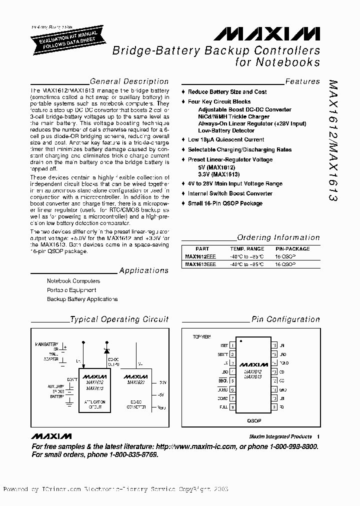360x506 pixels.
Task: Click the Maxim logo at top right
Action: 267,34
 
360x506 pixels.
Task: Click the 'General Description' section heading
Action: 129,81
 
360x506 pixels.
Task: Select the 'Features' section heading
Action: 302,81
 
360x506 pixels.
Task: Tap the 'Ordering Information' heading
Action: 278,238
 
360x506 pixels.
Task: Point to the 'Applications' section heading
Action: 144,270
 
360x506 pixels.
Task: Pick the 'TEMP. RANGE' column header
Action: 247,248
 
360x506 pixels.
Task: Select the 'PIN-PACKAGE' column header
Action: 292,248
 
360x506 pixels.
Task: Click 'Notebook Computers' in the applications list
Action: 73,281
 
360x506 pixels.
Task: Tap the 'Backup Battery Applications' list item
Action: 82,299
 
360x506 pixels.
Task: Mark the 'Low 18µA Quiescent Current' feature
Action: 226,140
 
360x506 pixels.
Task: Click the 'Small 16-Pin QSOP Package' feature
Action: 225,203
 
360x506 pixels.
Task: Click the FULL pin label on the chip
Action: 223,407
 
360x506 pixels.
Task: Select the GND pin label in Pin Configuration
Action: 283,389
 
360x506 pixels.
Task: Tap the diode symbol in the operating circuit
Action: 106,348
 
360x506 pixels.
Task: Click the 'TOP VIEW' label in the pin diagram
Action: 202,336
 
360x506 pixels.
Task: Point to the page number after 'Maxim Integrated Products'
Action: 318,436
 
